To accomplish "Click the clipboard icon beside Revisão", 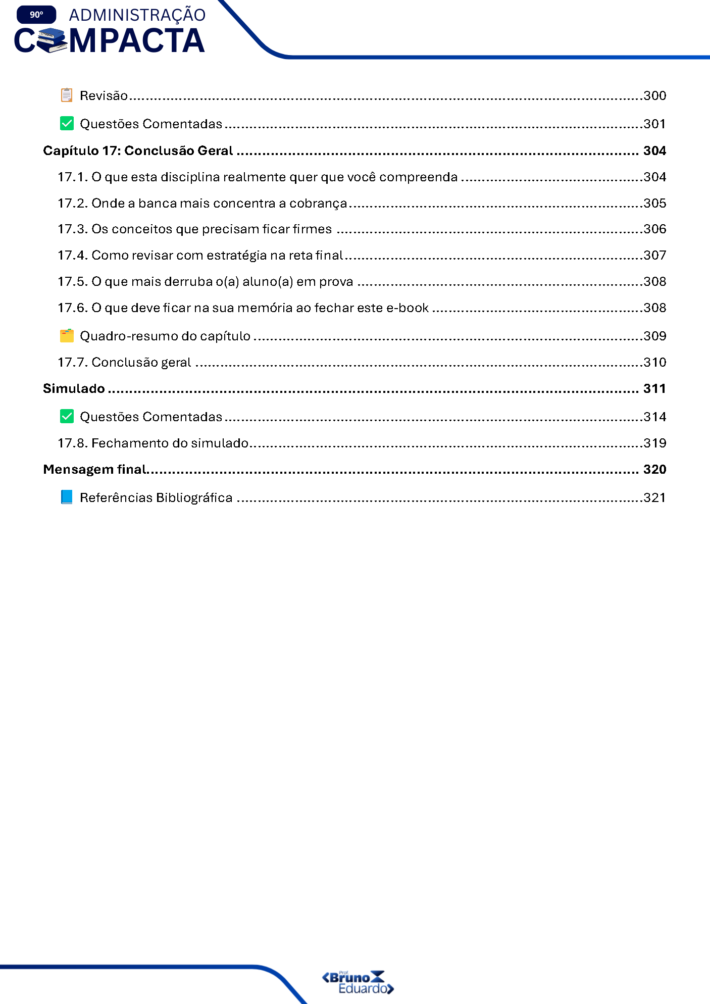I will point(67,95).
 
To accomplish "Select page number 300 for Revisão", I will point(654,95).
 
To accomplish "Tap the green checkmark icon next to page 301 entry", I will point(67,123).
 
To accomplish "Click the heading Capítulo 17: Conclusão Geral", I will point(138,150).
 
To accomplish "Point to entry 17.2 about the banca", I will point(202,203).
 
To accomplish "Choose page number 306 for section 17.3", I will point(654,229).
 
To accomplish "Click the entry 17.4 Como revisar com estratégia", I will point(200,255).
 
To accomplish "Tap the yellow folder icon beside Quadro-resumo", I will point(67,335).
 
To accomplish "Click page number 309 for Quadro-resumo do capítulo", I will point(654,336).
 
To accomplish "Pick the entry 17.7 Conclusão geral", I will point(124,362).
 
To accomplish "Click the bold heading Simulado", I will point(74,388).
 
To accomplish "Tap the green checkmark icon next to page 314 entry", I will point(67,416).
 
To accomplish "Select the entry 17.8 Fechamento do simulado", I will point(153,443).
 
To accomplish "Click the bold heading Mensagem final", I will point(94,469).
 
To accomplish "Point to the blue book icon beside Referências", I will point(67,497).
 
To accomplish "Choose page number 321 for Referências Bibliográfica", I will point(654,497).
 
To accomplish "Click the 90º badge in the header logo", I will point(36,15).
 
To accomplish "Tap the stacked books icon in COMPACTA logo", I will point(52,41).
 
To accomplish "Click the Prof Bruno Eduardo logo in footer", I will point(358,982).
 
